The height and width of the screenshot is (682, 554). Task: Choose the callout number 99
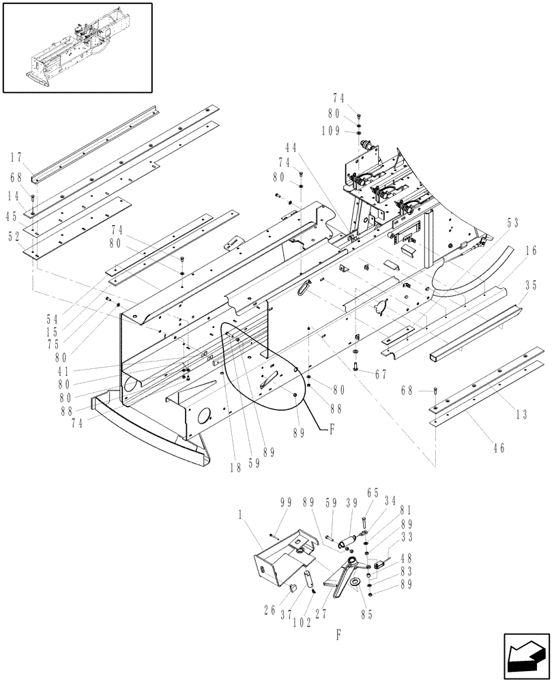[x=285, y=502]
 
